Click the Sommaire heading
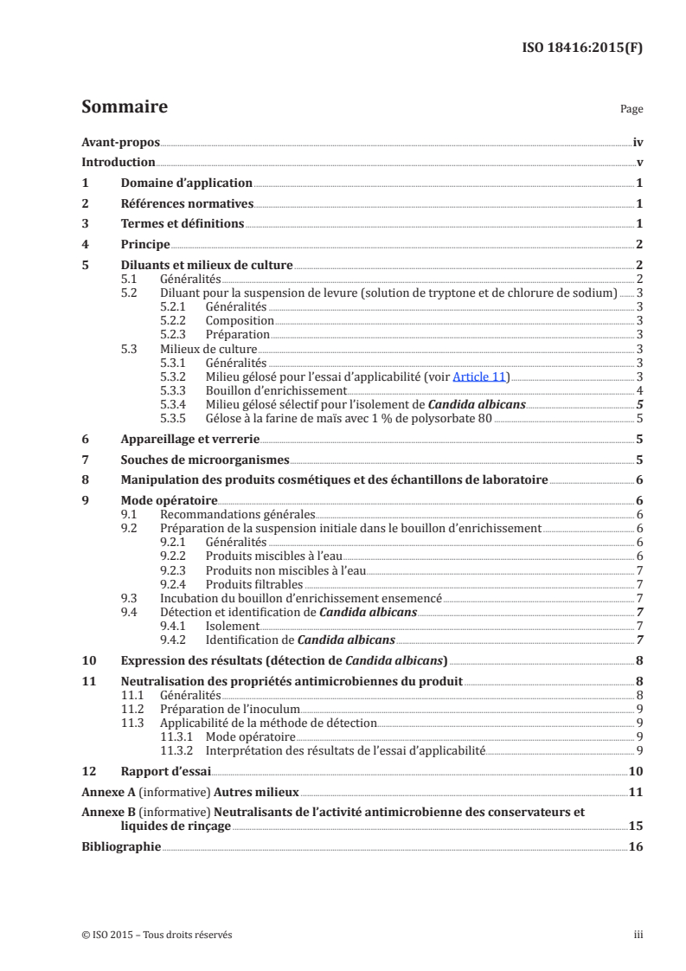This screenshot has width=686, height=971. tap(124, 108)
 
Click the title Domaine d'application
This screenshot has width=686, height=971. tap(186, 183)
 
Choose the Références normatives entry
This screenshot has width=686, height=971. tap(187, 204)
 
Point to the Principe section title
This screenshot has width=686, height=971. tap(145, 245)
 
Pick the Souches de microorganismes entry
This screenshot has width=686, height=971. tap(205, 460)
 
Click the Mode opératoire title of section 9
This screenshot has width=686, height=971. tap(169, 501)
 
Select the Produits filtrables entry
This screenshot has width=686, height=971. tap(247, 584)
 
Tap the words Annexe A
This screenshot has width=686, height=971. tap(107, 792)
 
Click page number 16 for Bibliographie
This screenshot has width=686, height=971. tap(635, 847)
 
